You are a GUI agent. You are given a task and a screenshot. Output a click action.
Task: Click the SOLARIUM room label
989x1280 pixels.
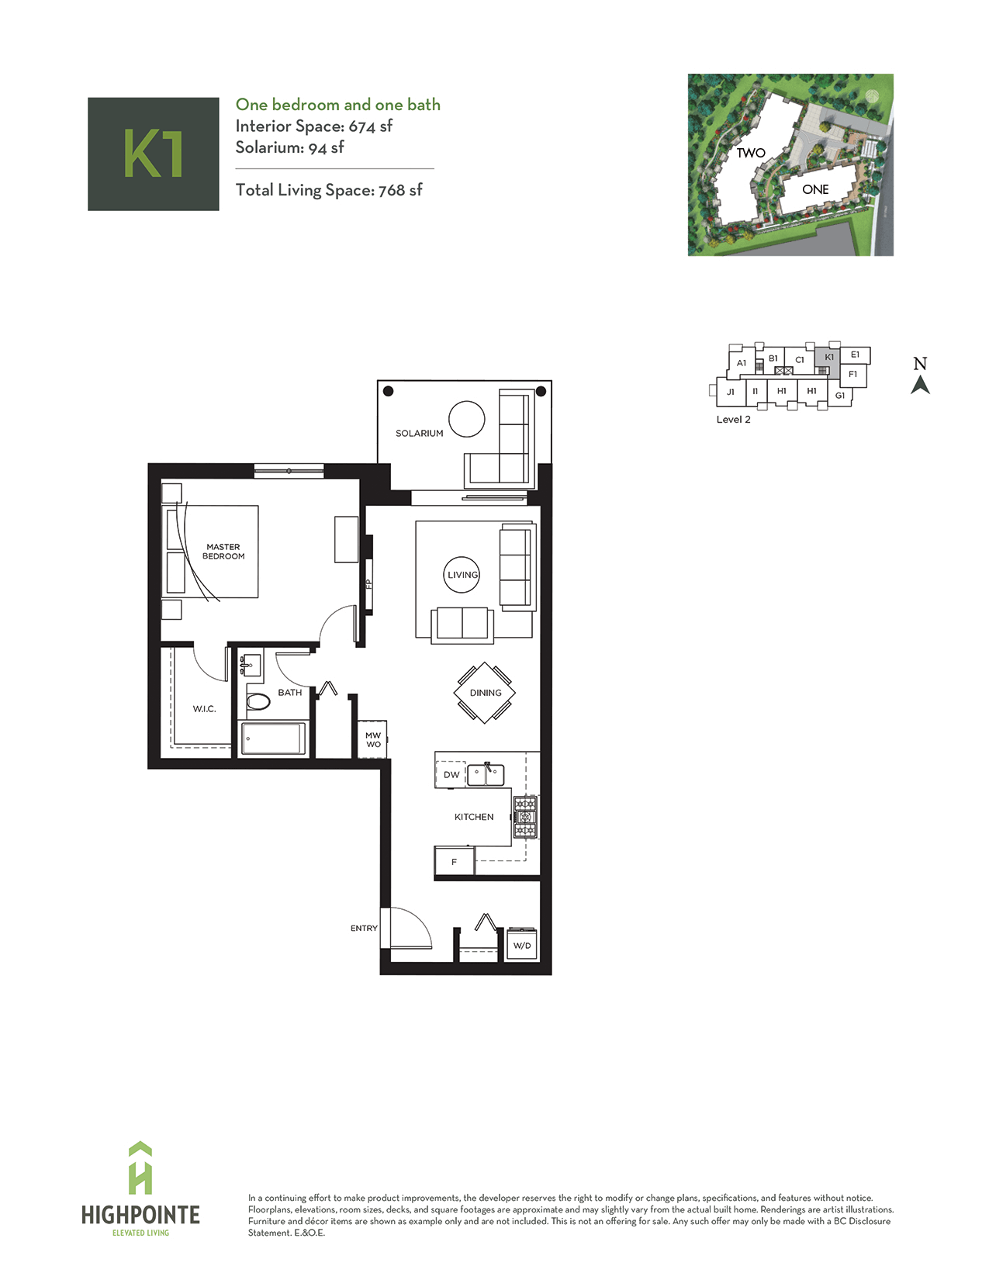[x=419, y=433]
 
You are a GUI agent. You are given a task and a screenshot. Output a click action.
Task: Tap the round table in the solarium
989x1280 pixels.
[x=466, y=419]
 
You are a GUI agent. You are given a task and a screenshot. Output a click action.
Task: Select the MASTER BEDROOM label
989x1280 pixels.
[x=223, y=552]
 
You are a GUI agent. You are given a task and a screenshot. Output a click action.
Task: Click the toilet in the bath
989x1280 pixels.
[x=258, y=701]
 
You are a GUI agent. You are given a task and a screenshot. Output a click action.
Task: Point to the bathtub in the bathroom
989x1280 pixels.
[x=273, y=738]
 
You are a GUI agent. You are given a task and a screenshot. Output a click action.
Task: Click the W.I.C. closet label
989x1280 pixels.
[x=205, y=708]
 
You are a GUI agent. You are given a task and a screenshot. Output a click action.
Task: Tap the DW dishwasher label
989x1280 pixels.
[x=451, y=775]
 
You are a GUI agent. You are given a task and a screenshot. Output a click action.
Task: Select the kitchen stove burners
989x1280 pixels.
[x=525, y=817]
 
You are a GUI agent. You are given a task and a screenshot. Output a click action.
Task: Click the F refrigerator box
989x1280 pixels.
[x=454, y=862]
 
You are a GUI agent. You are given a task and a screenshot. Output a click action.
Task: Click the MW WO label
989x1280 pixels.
[x=373, y=740]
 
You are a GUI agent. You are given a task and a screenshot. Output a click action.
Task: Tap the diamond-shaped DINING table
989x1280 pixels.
[x=485, y=693]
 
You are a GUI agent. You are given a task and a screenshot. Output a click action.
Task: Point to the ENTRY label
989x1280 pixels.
[x=364, y=929]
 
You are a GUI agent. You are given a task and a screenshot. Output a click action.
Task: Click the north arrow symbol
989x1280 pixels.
[x=920, y=386]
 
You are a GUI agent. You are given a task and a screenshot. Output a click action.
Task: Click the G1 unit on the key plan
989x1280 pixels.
[x=839, y=396]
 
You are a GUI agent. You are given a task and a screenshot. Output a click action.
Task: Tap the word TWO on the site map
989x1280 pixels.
[x=751, y=153]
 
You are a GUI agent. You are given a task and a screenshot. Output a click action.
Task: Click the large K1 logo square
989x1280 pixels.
[x=153, y=154]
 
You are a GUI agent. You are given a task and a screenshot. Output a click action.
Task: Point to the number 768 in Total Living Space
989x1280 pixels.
[x=392, y=190]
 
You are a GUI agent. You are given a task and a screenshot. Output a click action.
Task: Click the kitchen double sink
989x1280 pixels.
[x=486, y=775]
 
